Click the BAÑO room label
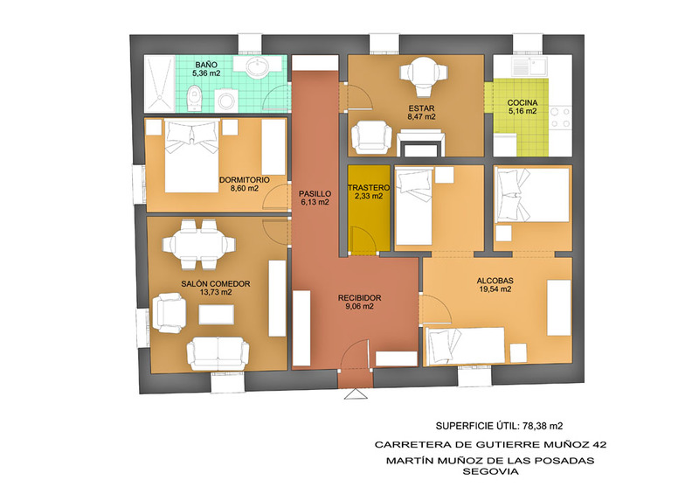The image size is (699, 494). tap(206, 66)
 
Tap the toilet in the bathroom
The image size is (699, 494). tap(194, 99)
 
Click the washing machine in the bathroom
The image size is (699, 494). tap(226, 101)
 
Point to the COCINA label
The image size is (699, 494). tap(523, 103)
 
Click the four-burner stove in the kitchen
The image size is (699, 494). tap(561, 117)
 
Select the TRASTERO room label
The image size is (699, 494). tap(369, 188)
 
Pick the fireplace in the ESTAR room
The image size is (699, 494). tap(421, 143)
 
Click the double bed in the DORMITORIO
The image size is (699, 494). tap(192, 156)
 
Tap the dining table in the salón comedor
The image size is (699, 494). tap(198, 245)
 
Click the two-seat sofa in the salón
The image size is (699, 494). tap(218, 354)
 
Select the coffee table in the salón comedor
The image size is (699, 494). tap(216, 314)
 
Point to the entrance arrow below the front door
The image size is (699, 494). tap(356, 394)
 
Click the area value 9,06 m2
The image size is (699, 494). tap(359, 307)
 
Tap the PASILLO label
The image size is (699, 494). tap(315, 194)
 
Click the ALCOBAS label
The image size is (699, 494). tap(495, 281)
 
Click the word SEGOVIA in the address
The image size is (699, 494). tap(490, 471)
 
